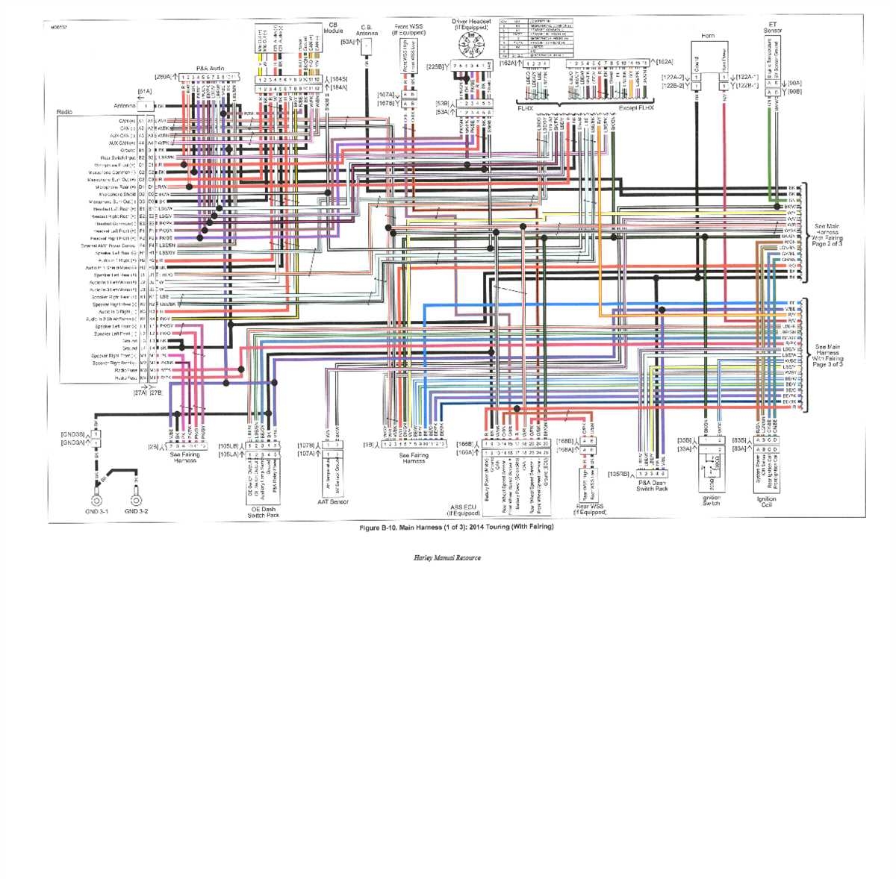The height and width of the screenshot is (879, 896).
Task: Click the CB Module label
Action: pos(335,28)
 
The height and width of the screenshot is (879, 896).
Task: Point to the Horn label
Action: pos(708,36)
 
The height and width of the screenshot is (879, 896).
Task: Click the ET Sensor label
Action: pos(773,28)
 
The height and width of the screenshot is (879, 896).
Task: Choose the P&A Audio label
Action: pos(210,69)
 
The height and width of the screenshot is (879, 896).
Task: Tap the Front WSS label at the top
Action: pos(408,30)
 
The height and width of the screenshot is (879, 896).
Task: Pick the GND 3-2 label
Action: pos(136,511)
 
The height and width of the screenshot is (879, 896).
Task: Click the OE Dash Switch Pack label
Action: pos(263,512)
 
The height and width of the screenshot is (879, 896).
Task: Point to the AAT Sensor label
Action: pos(333,501)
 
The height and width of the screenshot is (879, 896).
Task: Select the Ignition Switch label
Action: pos(712,500)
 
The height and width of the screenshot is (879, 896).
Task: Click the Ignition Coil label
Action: pos(766,502)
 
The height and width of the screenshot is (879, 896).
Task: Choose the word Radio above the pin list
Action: pos(64,112)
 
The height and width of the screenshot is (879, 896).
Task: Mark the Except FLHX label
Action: pos(636,108)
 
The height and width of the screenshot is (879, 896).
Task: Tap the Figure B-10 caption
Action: pos(456,528)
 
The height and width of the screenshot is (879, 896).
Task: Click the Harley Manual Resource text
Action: pos(447,557)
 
